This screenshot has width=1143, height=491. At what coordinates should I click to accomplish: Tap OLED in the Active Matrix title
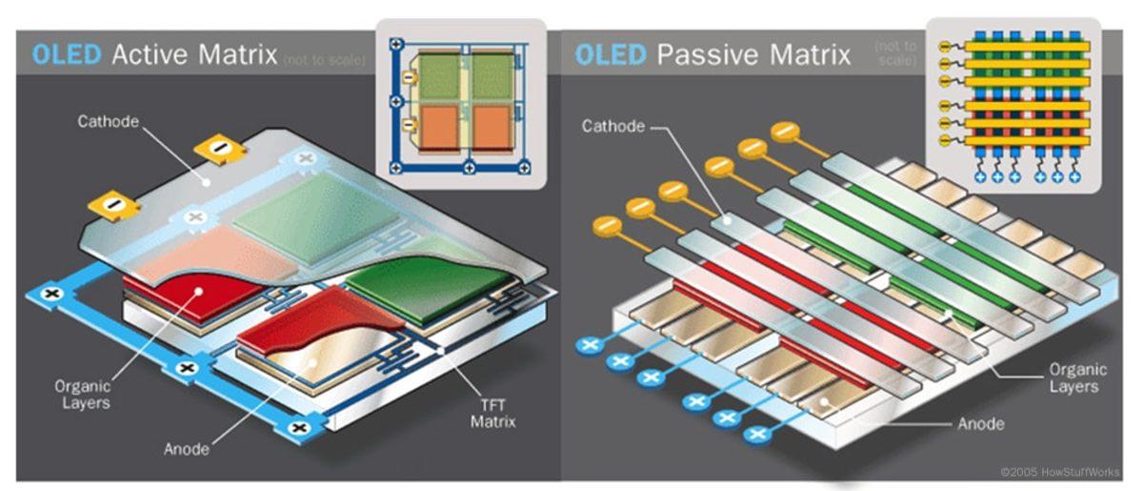(x=68, y=54)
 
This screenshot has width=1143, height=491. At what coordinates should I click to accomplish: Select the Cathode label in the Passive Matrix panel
(x=612, y=126)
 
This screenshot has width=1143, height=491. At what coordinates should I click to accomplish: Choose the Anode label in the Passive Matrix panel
(x=981, y=423)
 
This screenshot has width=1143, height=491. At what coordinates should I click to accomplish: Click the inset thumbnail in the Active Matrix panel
(x=461, y=103)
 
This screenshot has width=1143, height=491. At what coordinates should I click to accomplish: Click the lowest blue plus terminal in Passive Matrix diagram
(x=758, y=435)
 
